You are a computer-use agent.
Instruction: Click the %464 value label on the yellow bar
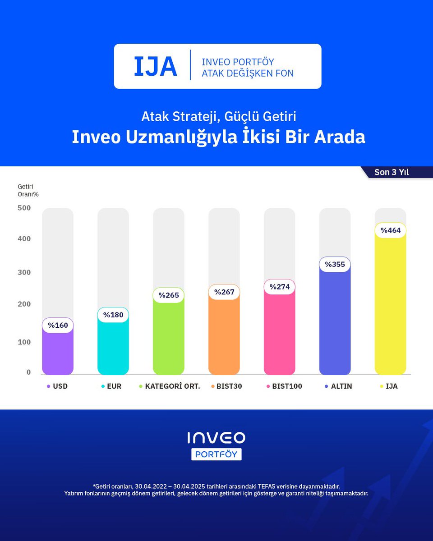tap(390, 230)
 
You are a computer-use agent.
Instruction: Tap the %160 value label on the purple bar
tap(58, 325)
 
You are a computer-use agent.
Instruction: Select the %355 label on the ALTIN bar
tap(335, 264)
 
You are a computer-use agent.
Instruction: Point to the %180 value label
tap(113, 315)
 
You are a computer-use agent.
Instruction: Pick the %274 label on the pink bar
tap(279, 287)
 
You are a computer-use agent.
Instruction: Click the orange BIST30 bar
tap(224, 338)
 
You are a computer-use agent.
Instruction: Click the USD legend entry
tap(57, 386)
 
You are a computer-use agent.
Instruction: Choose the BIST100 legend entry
tap(284, 386)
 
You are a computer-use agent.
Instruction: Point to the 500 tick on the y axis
tap(24, 208)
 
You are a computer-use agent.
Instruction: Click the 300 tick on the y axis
tap(24, 272)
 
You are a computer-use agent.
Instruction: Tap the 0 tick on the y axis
tap(28, 372)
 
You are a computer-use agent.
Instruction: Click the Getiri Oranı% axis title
tap(28, 190)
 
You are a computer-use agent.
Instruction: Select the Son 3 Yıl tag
tap(391, 172)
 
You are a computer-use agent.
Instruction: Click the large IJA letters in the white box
tap(155, 66)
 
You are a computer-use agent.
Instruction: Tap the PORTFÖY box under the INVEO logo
tap(216, 454)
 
